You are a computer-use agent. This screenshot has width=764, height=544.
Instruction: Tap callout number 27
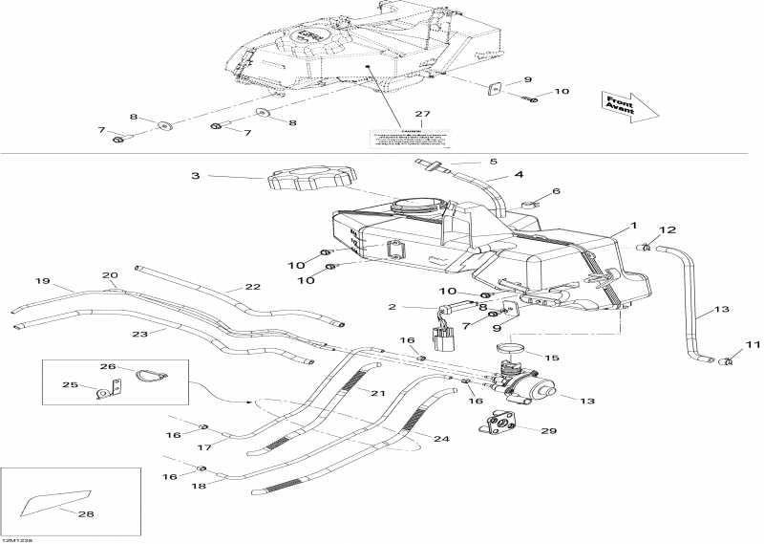pos(423,115)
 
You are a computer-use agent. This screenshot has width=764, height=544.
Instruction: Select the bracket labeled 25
pos(111,388)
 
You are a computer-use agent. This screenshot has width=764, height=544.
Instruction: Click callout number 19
pos(42,281)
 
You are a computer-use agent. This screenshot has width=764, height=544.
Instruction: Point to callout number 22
pos(252,287)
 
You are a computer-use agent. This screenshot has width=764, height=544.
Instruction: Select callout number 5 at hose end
pos(493,162)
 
